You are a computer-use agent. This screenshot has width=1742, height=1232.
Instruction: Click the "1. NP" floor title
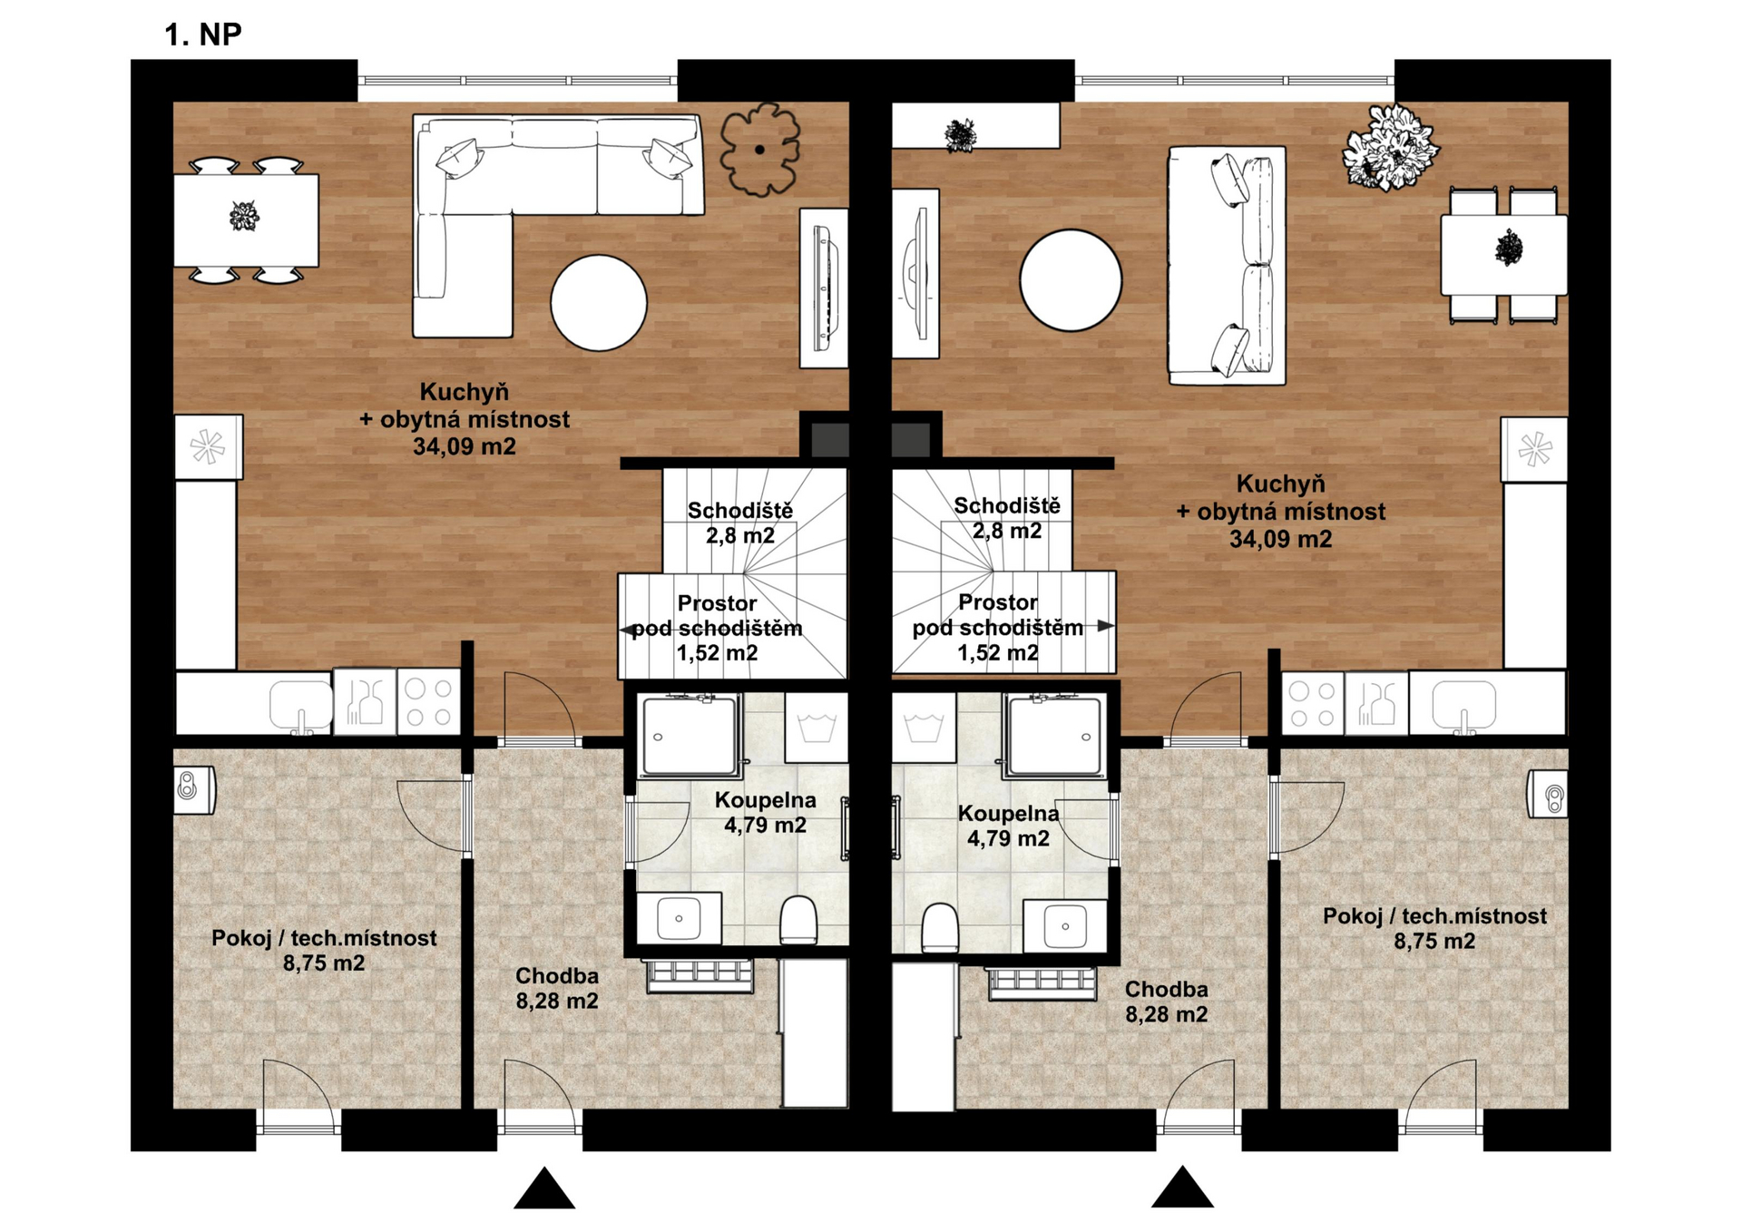pos(202,34)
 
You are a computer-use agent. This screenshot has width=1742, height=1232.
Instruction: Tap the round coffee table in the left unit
pos(599,302)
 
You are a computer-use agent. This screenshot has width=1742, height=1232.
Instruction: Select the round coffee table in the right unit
pos(1071,279)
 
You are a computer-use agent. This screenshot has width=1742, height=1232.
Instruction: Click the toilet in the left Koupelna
pos(798,920)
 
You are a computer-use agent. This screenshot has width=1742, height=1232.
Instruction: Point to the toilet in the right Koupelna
pos(940,927)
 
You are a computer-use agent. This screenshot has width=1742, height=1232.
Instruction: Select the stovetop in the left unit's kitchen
pos(429,702)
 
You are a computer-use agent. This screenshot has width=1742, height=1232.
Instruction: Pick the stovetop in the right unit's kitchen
pos(1313,704)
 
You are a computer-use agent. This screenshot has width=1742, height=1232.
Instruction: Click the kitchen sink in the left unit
pos(301,705)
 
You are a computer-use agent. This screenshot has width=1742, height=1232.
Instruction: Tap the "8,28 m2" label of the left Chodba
pos(557,1002)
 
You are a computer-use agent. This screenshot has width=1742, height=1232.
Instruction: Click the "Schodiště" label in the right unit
pos(1007,505)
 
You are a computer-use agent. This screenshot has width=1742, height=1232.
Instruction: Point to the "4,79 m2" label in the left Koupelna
pos(765,826)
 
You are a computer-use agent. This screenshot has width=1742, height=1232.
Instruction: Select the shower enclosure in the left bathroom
pos(690,736)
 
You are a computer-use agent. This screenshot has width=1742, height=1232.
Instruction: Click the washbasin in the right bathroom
pos(1065,925)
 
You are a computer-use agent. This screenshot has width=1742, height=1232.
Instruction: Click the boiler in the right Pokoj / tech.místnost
pos(1548,795)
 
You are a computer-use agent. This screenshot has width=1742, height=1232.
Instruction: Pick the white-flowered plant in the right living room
pos(1389,148)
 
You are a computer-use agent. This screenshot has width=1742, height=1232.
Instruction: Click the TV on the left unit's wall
pos(825,288)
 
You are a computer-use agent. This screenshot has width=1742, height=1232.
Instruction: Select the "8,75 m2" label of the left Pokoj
pos(324,963)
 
